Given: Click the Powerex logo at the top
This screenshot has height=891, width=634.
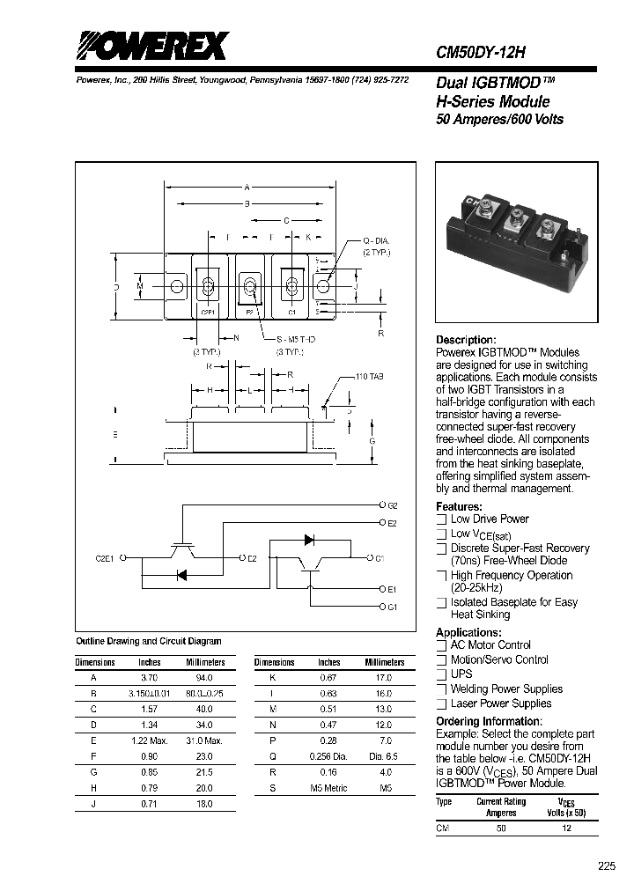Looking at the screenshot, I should click(x=151, y=45).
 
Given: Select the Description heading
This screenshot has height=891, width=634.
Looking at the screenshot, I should click(x=466, y=340).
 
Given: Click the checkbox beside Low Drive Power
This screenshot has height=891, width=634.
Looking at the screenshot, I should click(x=441, y=519).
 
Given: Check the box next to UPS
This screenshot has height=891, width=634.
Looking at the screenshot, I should click(x=441, y=674).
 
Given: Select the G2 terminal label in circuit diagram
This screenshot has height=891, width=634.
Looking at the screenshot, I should click(x=392, y=505).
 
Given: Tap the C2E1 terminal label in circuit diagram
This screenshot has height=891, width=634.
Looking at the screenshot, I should click(x=106, y=557).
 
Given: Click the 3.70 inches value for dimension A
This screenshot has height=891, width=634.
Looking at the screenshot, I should click(x=150, y=677).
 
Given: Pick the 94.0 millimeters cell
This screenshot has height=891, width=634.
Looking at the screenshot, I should click(x=205, y=677).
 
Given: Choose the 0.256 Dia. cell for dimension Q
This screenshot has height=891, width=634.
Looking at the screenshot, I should click(x=329, y=756).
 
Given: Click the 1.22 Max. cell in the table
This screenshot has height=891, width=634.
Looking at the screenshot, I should click(x=150, y=740).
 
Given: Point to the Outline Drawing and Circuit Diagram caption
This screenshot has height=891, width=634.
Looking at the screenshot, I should click(x=149, y=641).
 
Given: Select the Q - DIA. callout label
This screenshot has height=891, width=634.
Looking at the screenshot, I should click(x=375, y=241).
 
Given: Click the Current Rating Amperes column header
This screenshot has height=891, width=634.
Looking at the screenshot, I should click(x=501, y=806).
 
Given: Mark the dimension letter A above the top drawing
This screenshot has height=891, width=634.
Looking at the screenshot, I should click(x=247, y=187).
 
